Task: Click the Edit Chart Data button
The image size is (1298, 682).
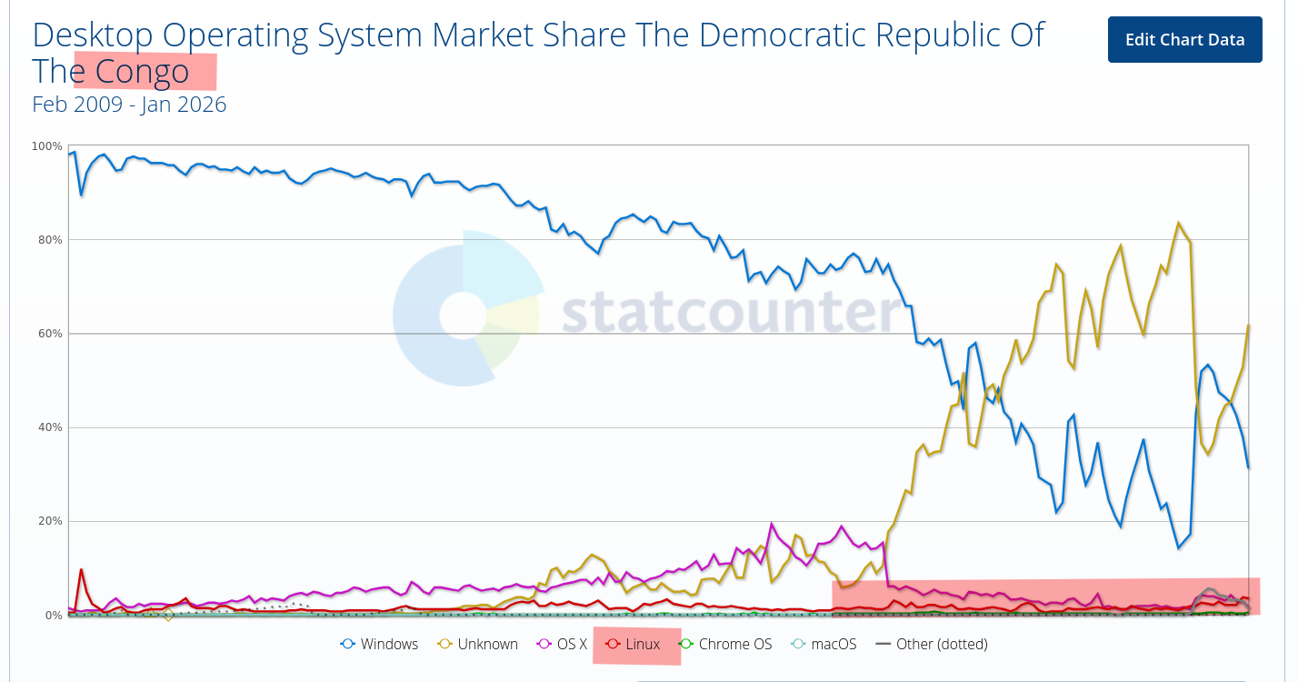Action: point(1184,40)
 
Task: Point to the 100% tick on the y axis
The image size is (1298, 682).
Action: point(47,146)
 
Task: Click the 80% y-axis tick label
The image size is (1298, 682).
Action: point(49,240)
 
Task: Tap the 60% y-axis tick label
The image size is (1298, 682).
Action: point(49,334)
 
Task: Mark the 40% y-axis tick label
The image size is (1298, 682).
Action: point(49,427)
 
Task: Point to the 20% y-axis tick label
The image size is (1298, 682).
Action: point(49,521)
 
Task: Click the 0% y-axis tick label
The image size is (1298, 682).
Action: point(53,616)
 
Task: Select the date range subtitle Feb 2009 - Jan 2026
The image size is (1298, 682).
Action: point(129,105)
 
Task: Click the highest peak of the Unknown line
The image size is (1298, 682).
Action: point(1178,223)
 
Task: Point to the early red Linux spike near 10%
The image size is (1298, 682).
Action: point(81,570)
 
